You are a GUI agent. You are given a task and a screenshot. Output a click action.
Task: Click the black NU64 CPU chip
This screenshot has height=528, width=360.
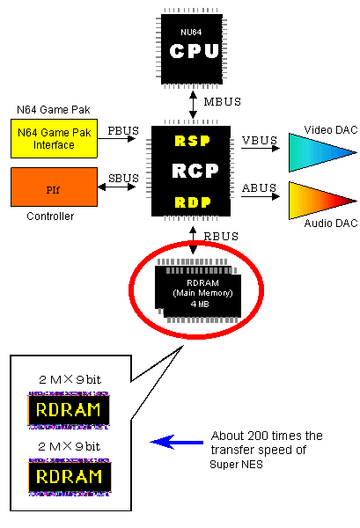point(192,48)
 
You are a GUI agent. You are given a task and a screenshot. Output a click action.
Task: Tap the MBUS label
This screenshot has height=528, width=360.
point(223,101)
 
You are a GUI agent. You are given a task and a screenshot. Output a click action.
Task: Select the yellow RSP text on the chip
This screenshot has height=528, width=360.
point(192,141)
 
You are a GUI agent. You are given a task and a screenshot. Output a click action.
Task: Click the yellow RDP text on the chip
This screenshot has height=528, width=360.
point(193,202)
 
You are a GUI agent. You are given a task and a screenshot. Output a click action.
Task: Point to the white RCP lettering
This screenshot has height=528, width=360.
point(195,171)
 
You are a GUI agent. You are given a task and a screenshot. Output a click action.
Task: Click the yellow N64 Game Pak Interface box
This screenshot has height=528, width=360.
point(54,138)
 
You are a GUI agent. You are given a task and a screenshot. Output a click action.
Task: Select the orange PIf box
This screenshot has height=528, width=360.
point(54,187)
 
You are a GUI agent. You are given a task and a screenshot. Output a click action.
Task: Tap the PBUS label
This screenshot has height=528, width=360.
point(123,130)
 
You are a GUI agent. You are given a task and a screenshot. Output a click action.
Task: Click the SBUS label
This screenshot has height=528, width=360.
point(123,178)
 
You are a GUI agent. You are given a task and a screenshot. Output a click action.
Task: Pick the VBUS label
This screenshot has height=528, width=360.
point(260,141)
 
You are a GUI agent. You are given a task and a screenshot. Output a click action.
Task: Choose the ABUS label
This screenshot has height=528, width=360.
point(259,188)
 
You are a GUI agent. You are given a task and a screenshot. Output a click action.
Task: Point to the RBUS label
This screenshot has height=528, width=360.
point(221,237)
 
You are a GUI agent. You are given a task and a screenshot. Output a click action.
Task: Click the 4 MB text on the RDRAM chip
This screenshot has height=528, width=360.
point(200,304)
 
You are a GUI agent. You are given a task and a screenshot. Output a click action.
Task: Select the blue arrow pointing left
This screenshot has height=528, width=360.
point(176,442)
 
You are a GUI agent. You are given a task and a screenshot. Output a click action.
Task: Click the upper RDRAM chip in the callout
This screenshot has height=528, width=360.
point(69,410)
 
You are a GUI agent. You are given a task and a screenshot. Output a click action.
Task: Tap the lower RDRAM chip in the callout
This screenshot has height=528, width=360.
point(70,477)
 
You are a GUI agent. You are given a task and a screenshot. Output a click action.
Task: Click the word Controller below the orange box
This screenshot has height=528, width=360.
point(50,216)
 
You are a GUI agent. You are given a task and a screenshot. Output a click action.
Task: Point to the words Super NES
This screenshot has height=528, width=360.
point(236,465)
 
